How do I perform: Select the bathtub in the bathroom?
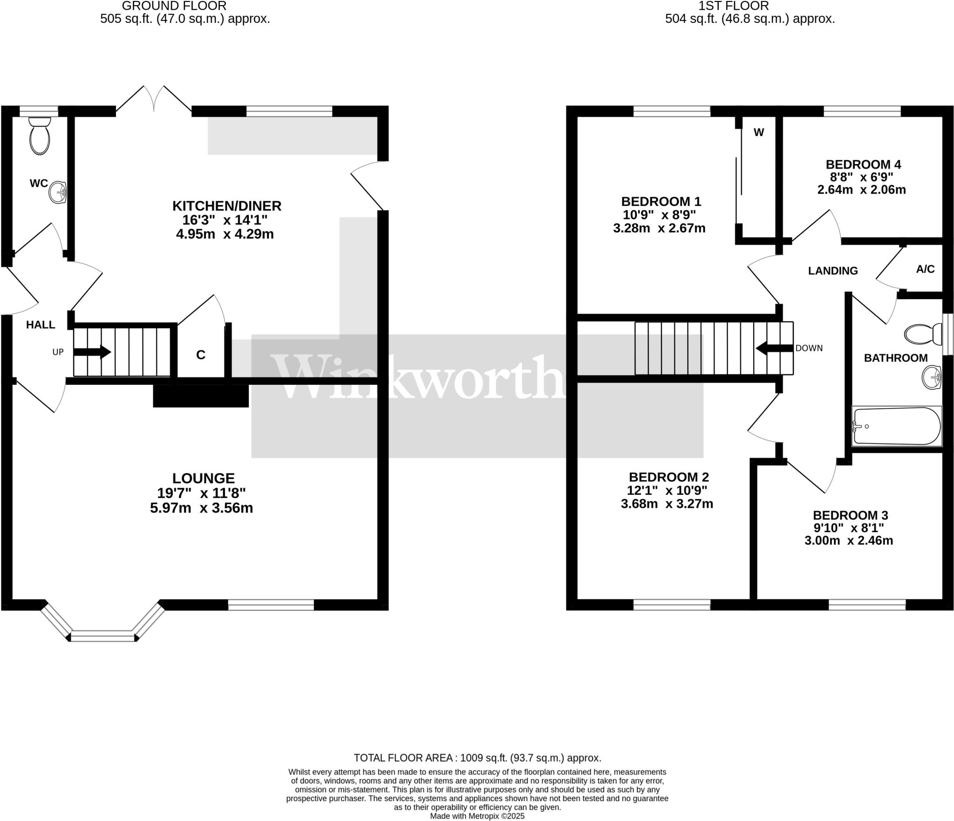[896, 426]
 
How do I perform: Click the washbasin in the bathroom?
[932, 377]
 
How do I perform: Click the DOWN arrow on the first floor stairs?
[774, 348]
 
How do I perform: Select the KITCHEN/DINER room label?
[227, 205]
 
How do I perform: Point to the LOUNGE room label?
[204, 478]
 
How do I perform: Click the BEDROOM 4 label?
[863, 164]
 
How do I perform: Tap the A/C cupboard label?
[925, 269]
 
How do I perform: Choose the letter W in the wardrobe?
[759, 132]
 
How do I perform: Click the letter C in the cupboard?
[201, 355]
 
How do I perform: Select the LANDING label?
[833, 271]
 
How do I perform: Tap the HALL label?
[41, 325]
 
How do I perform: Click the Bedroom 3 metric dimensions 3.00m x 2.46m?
[849, 540]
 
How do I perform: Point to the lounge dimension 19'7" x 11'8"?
[202, 493]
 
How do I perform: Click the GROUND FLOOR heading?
[174, 6]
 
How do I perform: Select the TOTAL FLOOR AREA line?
[477, 758]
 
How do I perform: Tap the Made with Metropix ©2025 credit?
[477, 816]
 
